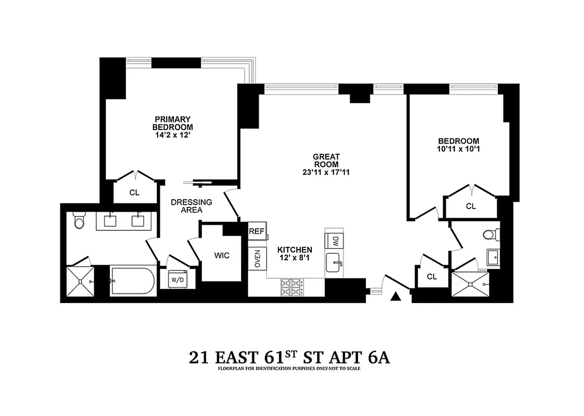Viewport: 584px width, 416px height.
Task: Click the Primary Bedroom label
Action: (x=172, y=123)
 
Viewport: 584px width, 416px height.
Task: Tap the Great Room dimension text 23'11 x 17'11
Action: (x=326, y=172)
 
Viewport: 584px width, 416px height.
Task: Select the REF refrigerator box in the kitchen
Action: (x=256, y=231)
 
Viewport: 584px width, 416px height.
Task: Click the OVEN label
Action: (x=257, y=258)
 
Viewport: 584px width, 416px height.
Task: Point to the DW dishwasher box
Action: (x=335, y=240)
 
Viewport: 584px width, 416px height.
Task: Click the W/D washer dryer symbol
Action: (x=179, y=280)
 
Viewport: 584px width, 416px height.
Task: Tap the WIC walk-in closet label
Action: (x=222, y=256)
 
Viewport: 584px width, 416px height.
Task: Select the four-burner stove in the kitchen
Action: (x=292, y=287)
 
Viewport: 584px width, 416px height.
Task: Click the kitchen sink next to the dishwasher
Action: (x=335, y=263)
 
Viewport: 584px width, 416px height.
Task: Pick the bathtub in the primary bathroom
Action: (x=132, y=281)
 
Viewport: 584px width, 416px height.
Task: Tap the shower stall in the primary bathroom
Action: (x=80, y=281)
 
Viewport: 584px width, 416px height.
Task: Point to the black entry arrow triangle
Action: (x=396, y=296)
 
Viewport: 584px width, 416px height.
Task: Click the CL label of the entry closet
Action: (x=431, y=277)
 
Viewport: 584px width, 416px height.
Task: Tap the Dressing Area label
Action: (x=191, y=206)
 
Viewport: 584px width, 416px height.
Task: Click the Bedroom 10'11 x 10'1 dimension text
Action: (x=458, y=149)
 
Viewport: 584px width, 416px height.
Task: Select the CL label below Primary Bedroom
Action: (x=134, y=192)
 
